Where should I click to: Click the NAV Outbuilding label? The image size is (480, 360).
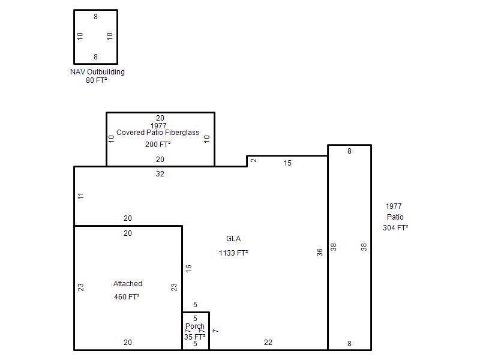97,72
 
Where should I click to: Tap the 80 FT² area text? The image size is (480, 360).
97,80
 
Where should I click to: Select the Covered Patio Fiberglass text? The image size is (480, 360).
158,133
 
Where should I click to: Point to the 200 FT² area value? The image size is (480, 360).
158,144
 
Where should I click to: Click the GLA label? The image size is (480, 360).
233,239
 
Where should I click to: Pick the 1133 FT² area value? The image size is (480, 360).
233,253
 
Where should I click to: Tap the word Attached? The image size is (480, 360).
128,284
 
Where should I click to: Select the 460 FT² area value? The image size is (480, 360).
127,297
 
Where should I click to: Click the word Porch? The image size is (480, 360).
194,326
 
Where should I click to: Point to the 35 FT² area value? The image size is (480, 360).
194,337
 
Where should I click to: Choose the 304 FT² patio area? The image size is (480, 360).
395,228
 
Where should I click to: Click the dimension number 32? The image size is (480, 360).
160,174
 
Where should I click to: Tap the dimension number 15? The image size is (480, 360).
287,163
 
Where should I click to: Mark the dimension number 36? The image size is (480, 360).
320,253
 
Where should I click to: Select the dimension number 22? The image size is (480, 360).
268,343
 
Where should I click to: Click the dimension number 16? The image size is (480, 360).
188,268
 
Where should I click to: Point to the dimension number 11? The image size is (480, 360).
81,196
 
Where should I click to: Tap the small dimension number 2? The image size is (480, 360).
254,160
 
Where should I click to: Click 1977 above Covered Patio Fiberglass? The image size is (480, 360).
158,125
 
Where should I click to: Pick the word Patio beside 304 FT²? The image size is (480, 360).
395,217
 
